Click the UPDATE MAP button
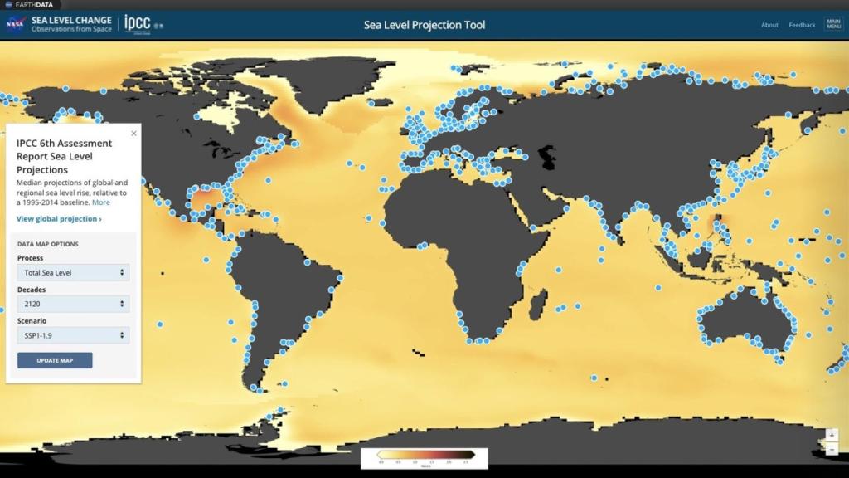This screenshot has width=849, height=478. pyautogui.click(x=55, y=360)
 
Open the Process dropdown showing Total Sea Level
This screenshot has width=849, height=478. pyautogui.click(x=73, y=272)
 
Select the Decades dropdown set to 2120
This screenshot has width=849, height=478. pyautogui.click(x=73, y=305)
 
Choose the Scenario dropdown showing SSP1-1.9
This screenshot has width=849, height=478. pyautogui.click(x=73, y=335)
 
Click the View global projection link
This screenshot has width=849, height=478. pyautogui.click(x=59, y=219)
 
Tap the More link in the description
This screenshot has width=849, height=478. pyautogui.click(x=101, y=202)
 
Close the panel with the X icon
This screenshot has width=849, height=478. pyautogui.click(x=133, y=133)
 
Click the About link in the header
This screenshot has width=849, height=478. pyautogui.click(x=769, y=25)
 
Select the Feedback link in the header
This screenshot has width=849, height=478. pyautogui.click(x=802, y=25)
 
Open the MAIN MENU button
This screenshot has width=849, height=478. pyautogui.click(x=833, y=24)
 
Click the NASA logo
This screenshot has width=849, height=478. pyautogui.click(x=15, y=24)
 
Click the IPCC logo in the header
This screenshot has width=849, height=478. pyautogui.click(x=138, y=24)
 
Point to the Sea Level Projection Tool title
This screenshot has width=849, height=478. pyautogui.click(x=424, y=25)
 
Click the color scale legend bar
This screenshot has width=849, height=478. pyautogui.click(x=424, y=455)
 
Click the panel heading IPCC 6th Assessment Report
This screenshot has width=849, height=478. pyautogui.click(x=65, y=156)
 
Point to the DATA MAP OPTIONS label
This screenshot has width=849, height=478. pyautogui.click(x=48, y=244)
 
